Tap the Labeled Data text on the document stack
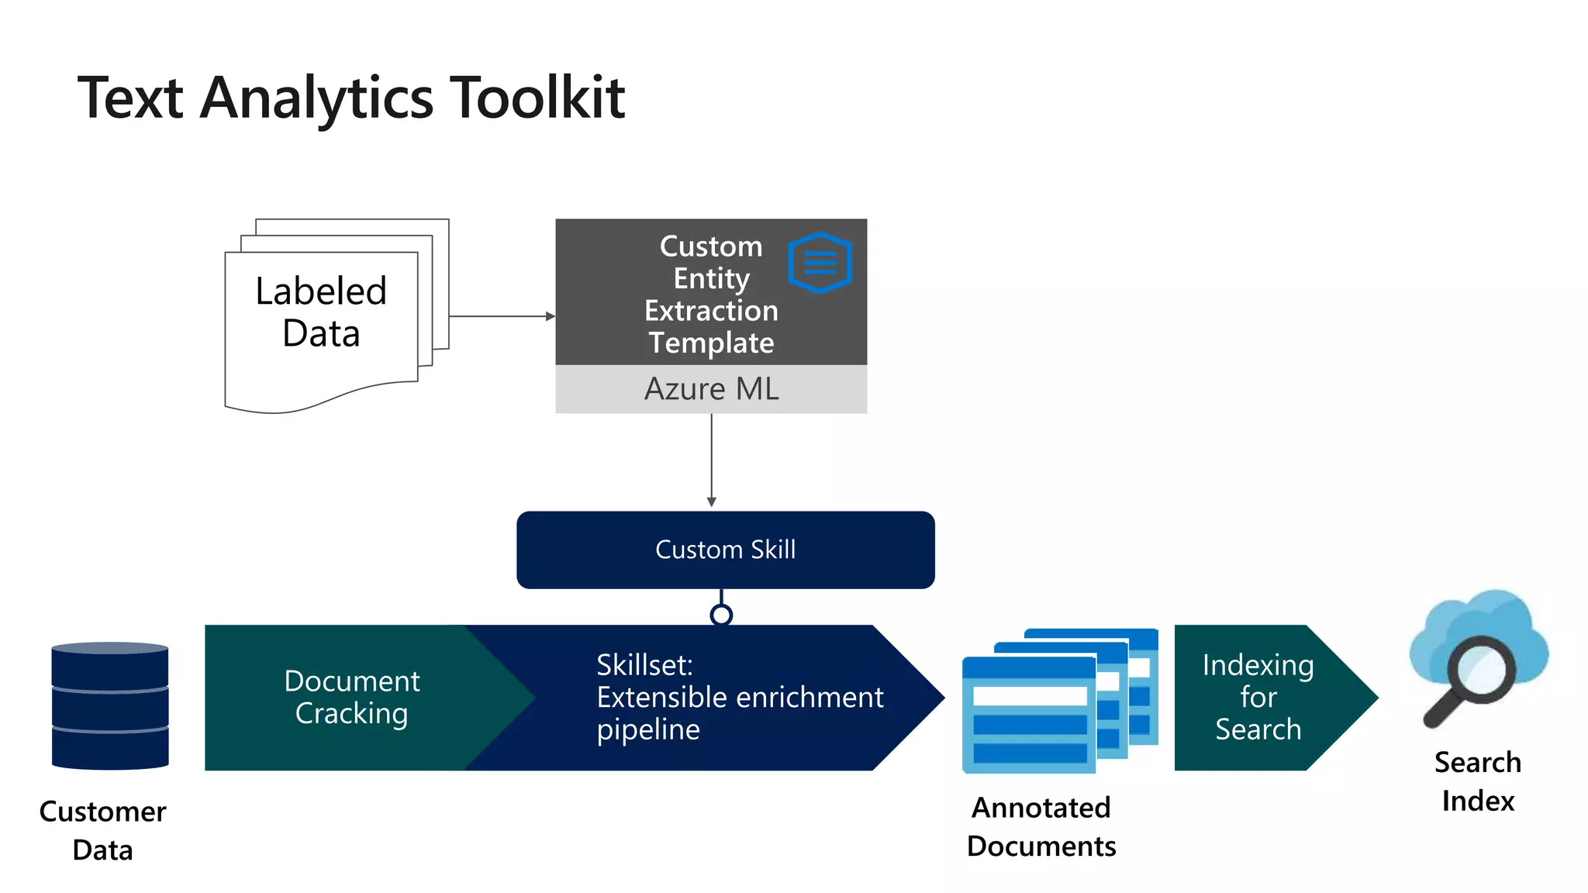coord(321,312)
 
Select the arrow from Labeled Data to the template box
coord(501,316)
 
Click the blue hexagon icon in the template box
coord(820,263)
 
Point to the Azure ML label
coord(711,389)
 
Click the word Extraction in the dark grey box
coord(711,311)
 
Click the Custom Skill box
coord(725,550)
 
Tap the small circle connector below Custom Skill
coord(721,615)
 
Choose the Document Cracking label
coord(351,697)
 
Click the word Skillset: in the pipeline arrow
coord(644,665)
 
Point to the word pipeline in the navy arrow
coord(648,730)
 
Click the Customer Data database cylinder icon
coord(110,705)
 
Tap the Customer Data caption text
coord(102,830)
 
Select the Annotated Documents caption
coord(1041,826)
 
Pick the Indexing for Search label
coord(1258,697)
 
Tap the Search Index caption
coord(1477,781)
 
